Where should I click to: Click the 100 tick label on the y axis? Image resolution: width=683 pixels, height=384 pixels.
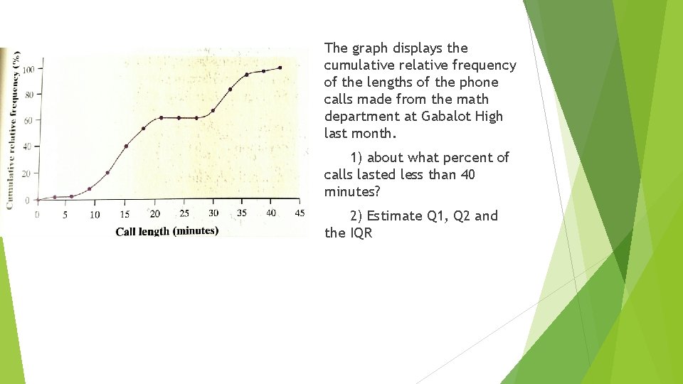click(28, 70)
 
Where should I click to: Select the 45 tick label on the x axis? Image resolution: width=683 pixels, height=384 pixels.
click(299, 213)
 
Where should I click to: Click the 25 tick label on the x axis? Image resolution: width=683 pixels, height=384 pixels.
click(184, 213)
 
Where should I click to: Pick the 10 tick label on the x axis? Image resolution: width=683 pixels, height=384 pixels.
click(95, 215)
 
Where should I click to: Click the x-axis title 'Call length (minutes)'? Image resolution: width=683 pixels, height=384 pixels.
click(166, 230)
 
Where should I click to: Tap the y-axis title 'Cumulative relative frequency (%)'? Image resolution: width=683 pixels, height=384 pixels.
click(12, 129)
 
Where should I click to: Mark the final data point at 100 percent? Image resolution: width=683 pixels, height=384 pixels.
click(280, 68)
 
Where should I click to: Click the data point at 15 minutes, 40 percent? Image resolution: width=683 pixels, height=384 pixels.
click(126, 146)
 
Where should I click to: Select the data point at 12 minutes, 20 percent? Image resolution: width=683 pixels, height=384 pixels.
click(107, 173)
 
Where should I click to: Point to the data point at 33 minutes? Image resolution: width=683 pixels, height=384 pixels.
click(230, 90)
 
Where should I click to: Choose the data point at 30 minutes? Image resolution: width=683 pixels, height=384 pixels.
click(213, 111)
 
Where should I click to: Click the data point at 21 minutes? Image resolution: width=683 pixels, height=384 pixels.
click(162, 117)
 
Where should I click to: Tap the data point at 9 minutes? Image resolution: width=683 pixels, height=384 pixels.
click(90, 188)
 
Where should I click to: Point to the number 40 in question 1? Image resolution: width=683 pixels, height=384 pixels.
click(467, 174)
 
